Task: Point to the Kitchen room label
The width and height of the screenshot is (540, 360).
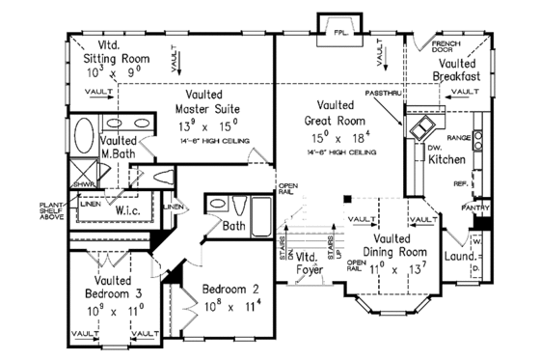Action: point(447,158)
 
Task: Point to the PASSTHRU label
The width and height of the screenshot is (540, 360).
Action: point(383,94)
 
